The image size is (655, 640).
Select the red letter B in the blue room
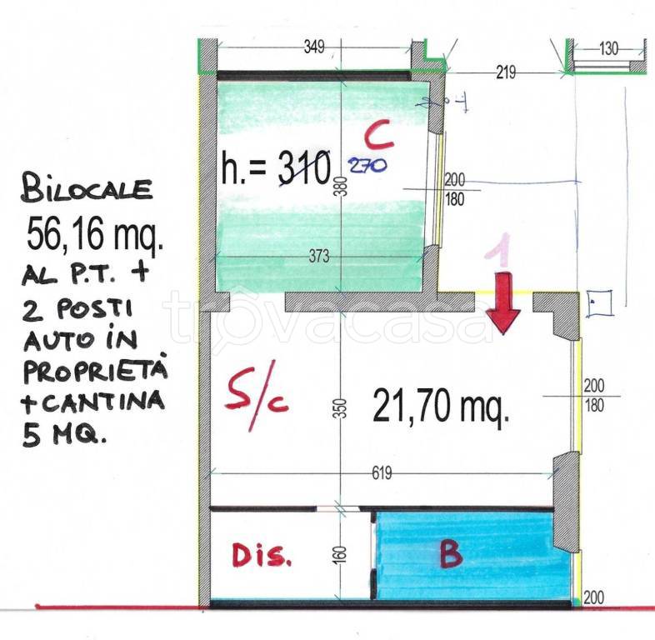pos(450,555)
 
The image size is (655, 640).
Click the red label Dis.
pos(262,556)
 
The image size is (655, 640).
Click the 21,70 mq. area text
pos(441,408)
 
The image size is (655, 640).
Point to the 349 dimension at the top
pos(313,47)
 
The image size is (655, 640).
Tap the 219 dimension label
pos(505,72)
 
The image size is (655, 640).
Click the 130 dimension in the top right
pos(608,48)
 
